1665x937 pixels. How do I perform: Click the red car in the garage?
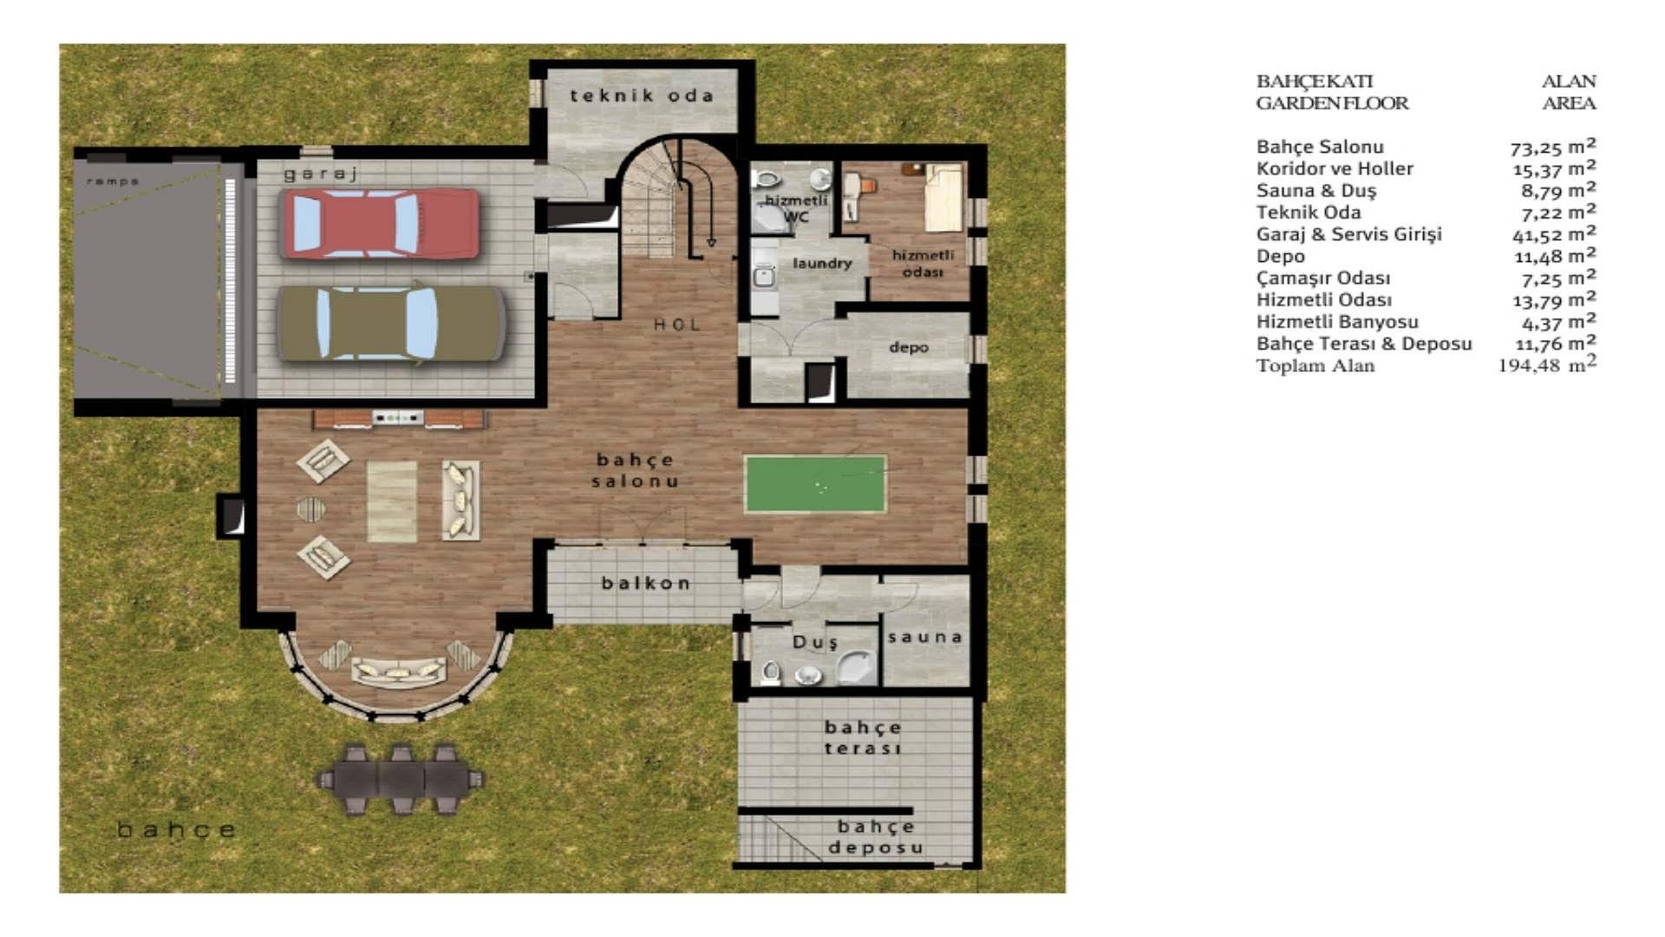click(x=380, y=223)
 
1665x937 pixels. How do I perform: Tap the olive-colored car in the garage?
click(x=390, y=324)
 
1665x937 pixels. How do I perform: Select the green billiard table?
click(x=815, y=484)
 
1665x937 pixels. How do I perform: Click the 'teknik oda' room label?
click(x=642, y=95)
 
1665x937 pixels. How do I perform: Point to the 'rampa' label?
click(x=113, y=181)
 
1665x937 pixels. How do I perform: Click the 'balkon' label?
click(x=646, y=583)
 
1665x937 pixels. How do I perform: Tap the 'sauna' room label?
click(x=924, y=637)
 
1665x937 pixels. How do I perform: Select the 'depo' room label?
click(x=908, y=347)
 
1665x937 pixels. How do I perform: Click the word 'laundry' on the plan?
click(x=821, y=263)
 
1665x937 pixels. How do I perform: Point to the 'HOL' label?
click(x=676, y=324)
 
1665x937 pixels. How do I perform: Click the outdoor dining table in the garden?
click(x=399, y=776)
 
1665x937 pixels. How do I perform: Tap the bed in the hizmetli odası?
click(x=943, y=198)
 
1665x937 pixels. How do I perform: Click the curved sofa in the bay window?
click(x=399, y=671)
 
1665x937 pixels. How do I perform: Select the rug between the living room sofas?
click(x=392, y=501)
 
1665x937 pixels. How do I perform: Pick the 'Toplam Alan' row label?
click(x=1315, y=365)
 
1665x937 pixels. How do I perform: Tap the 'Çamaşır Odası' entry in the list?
click(x=1322, y=278)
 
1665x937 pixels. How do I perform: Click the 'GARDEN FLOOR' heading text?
click(x=1332, y=103)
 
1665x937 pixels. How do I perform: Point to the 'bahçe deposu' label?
click(x=876, y=837)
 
